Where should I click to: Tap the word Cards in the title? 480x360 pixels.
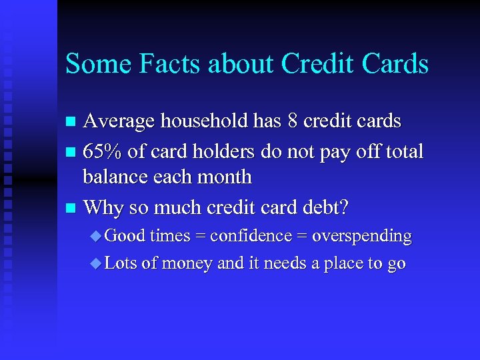click(x=394, y=64)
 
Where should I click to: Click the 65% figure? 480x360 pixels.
click(x=103, y=151)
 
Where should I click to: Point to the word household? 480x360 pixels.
click(x=201, y=121)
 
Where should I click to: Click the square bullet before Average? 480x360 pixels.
click(x=71, y=122)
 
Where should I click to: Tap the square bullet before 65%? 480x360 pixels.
click(x=71, y=153)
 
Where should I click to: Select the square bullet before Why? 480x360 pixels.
click(x=71, y=209)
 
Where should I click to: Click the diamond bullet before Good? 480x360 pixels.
click(x=96, y=236)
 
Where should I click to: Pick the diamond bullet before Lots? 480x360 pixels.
click(x=96, y=264)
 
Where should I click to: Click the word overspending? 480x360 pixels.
click(x=361, y=236)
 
